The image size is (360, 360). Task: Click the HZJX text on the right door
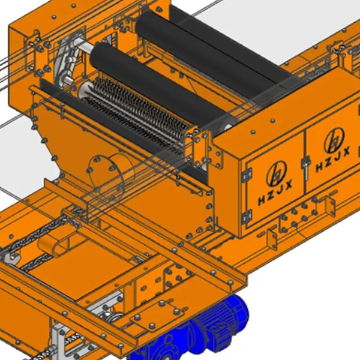point(332,160)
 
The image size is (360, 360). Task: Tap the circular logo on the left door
point(277,173)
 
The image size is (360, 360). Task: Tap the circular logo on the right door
point(334,140)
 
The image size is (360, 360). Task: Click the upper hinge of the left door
point(247,175)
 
